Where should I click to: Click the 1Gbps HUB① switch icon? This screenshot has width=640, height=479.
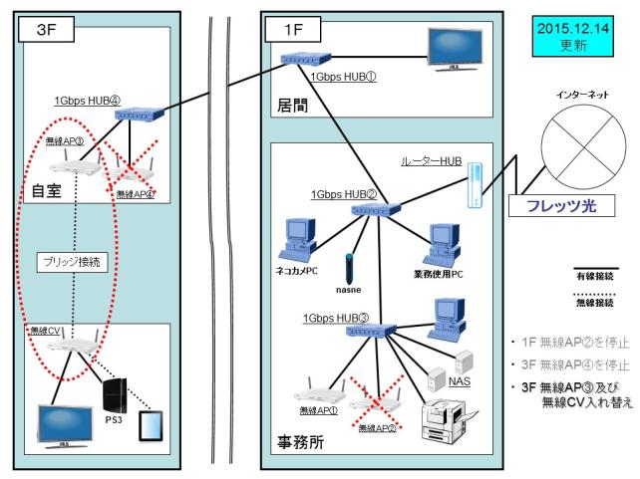[x=301, y=60]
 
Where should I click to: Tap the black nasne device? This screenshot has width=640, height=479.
[x=348, y=269]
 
